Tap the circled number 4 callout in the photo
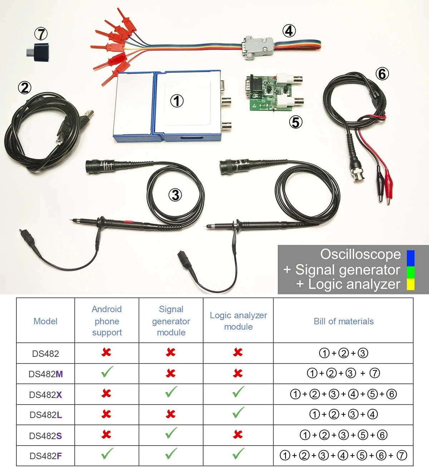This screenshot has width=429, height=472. pyautogui.click(x=289, y=31)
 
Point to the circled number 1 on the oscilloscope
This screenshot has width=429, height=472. pyautogui.click(x=177, y=101)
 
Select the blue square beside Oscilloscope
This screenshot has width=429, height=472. pyautogui.click(x=411, y=258)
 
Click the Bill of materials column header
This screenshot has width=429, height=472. pyautogui.click(x=344, y=321)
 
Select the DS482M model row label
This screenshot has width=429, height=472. pyautogui.click(x=46, y=374)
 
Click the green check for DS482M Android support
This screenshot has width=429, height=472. pyautogui.click(x=107, y=372)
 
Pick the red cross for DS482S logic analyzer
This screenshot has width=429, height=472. pyautogui.click(x=238, y=434)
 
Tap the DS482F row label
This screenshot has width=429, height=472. pyautogui.click(x=46, y=456)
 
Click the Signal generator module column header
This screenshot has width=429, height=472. pyautogui.click(x=171, y=321)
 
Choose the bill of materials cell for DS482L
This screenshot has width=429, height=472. pyautogui.click(x=343, y=414)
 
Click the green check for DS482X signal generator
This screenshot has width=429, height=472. pyautogui.click(x=171, y=392)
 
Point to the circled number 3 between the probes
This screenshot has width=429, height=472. pyautogui.click(x=175, y=195)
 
